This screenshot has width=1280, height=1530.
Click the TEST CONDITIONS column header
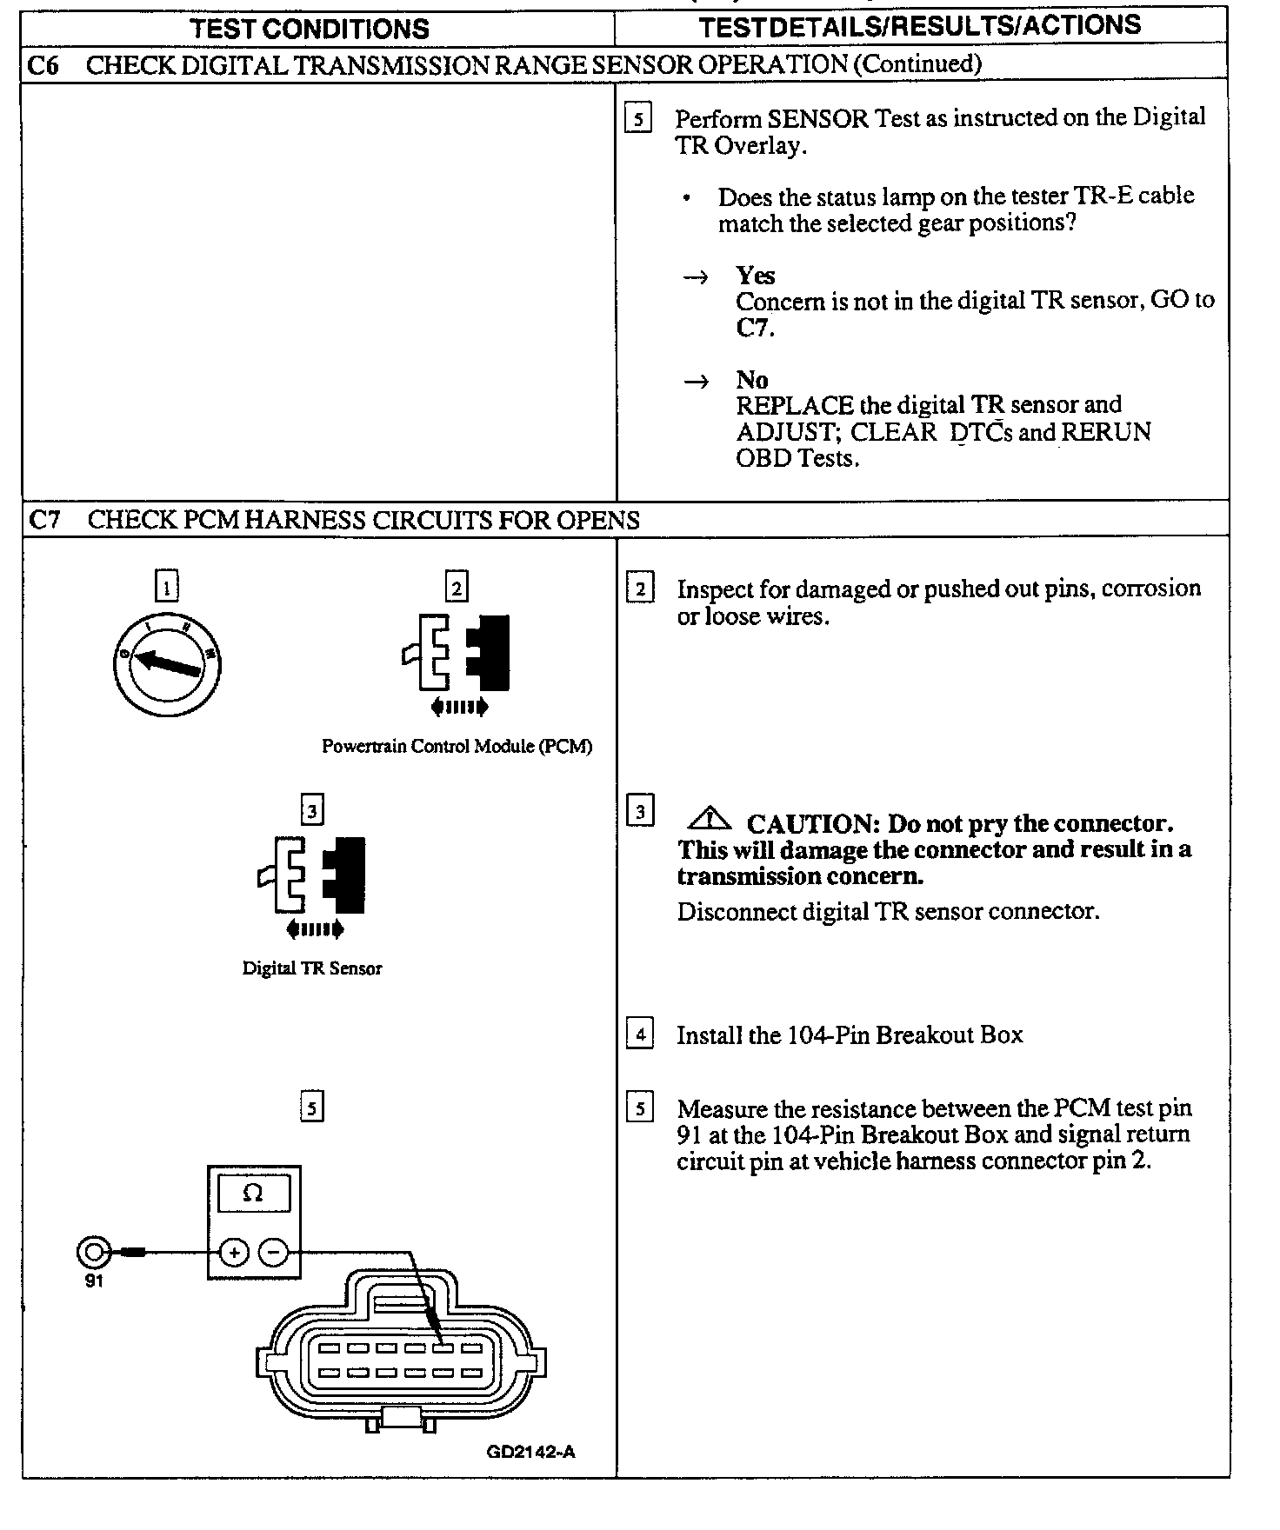310,29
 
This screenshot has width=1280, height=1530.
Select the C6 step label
43,65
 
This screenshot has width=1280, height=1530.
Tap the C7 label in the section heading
45,520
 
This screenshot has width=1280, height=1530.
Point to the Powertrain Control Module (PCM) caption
457,747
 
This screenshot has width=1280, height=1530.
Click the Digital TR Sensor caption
312,968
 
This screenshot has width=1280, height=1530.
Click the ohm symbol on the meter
253,1193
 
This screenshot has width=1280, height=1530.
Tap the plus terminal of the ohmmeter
234,1253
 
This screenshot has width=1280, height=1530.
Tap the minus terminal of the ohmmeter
273,1253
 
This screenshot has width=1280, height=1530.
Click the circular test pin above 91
94,1253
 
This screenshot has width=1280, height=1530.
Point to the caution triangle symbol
710,819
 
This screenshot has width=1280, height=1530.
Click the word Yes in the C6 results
755,276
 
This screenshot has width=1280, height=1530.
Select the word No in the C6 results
751,380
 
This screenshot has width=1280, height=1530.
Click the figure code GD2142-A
530,1452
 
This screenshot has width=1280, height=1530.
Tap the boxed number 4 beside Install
640,1034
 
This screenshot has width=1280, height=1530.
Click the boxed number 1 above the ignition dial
166,586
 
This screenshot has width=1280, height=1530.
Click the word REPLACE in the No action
795,406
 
